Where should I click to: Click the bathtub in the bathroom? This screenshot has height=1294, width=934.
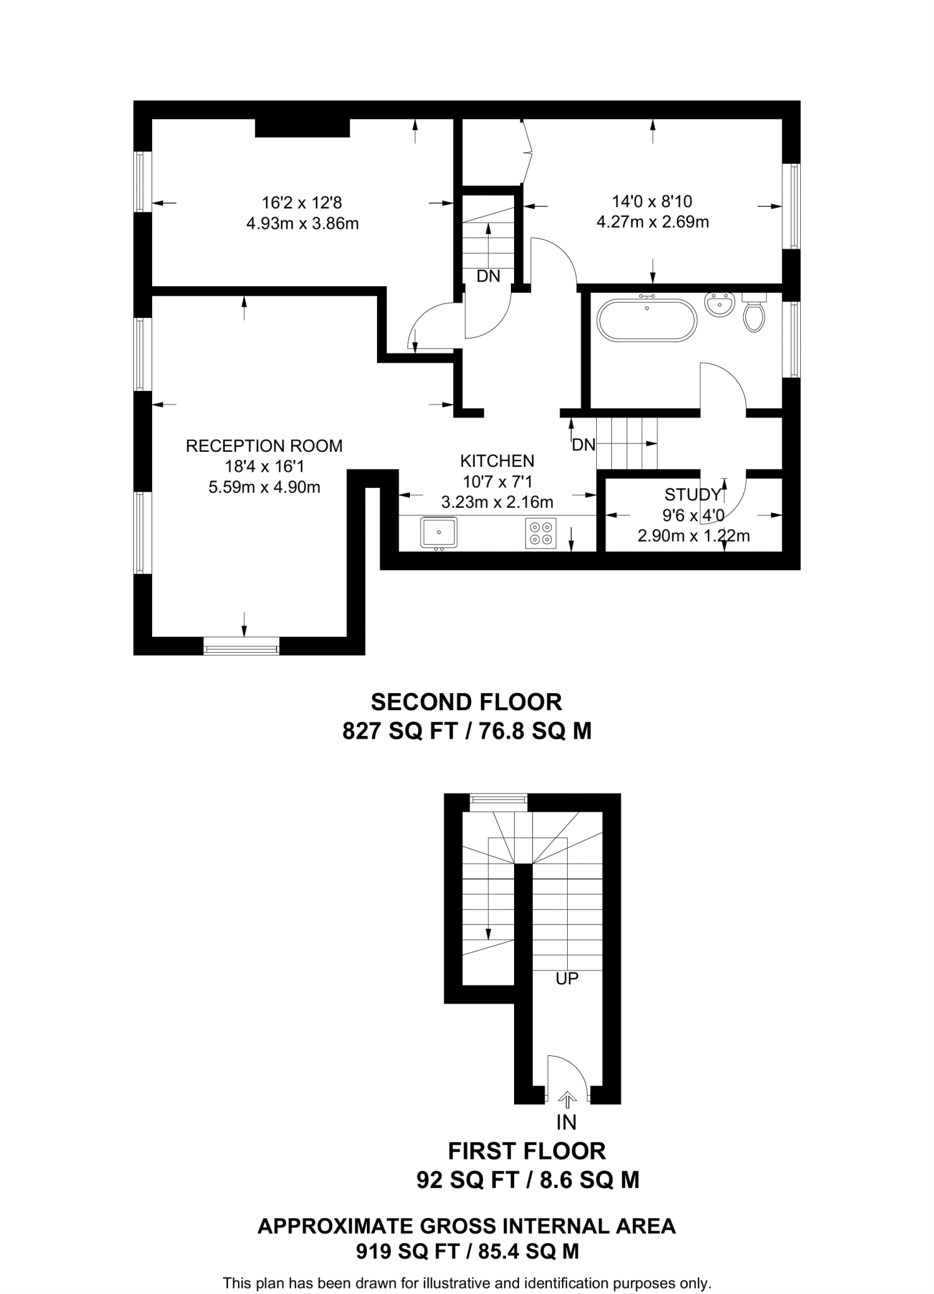(647, 320)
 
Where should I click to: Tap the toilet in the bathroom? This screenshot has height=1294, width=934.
(754, 314)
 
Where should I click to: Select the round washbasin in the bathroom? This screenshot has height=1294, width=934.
(719, 305)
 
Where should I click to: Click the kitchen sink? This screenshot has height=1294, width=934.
(438, 532)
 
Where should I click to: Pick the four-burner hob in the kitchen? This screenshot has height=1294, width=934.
(541, 532)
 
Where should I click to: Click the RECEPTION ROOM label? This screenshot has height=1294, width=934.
(264, 446)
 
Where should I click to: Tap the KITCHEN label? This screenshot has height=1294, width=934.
(497, 461)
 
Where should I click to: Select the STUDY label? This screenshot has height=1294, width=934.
(692, 494)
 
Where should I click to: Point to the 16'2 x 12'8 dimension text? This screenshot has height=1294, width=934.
(302, 203)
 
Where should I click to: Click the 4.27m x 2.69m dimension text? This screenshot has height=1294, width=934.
(652, 222)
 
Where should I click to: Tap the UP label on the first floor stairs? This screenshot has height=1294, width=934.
(566, 979)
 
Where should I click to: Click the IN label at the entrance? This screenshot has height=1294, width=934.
(566, 1122)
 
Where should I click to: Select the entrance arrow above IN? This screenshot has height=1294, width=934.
(567, 1100)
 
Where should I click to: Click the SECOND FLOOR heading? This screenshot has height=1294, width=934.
(466, 702)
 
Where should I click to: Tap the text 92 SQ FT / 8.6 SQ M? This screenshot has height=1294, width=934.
(527, 1180)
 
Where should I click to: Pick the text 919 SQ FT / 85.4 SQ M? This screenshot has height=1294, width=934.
(467, 1251)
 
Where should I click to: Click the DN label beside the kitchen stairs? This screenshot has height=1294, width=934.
(584, 445)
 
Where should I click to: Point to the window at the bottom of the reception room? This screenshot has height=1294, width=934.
(241, 646)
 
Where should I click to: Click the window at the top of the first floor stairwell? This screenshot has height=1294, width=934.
(499, 801)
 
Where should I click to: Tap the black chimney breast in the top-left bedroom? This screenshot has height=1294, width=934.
(302, 127)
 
